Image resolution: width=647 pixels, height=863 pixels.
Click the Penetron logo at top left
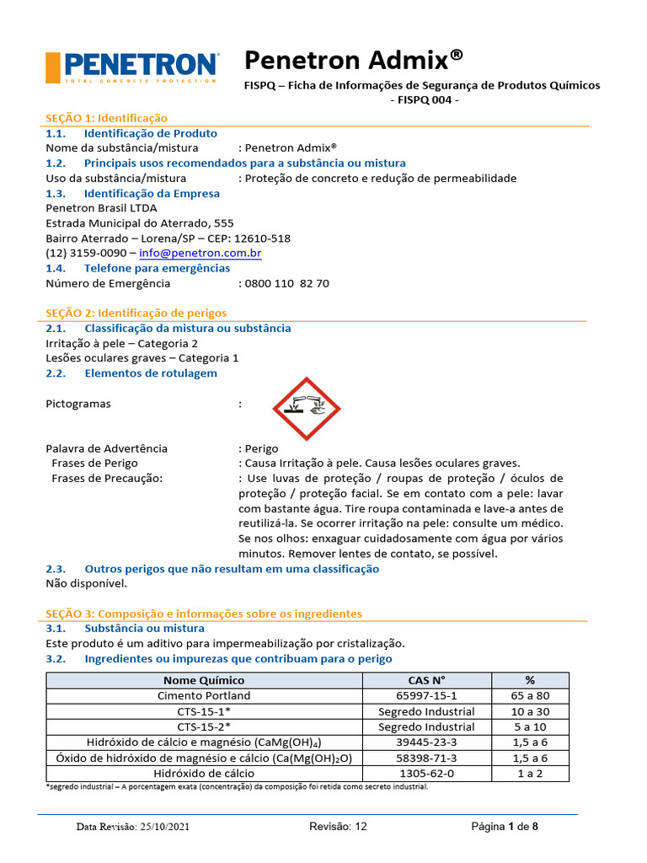(x=131, y=67)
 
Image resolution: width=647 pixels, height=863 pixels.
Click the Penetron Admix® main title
(x=353, y=60)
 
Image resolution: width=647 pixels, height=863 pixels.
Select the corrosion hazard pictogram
(x=307, y=408)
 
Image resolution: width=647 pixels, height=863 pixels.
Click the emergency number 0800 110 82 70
(x=287, y=283)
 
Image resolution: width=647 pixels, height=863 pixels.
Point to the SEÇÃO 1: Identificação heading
(x=106, y=118)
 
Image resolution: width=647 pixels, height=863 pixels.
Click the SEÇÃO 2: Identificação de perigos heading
(x=136, y=314)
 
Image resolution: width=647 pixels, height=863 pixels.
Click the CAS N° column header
(x=426, y=680)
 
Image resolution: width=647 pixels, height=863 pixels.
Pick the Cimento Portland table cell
(x=204, y=696)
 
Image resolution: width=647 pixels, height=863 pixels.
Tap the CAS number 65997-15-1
(x=426, y=696)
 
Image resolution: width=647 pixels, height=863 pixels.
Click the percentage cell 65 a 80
(x=530, y=696)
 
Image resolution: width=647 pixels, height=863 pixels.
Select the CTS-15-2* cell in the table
(x=204, y=726)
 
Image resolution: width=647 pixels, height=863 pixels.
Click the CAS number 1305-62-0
(x=426, y=773)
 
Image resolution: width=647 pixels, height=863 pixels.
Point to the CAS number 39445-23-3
(x=426, y=742)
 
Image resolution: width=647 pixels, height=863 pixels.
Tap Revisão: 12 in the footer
(x=339, y=827)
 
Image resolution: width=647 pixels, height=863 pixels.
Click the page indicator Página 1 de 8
(x=504, y=827)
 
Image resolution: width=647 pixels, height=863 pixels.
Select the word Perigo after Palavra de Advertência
(x=261, y=448)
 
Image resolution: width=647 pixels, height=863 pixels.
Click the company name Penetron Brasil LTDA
(x=101, y=208)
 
